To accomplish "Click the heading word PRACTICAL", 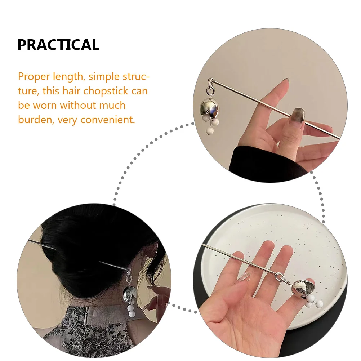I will point(58,45).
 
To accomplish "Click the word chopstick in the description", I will point(106,91).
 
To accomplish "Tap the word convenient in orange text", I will point(108,120).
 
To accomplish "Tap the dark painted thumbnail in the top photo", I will point(298,116).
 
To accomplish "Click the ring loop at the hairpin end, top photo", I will point(211,82).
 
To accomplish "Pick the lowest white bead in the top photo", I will point(210,132).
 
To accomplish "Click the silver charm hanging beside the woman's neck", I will point(130,293).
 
